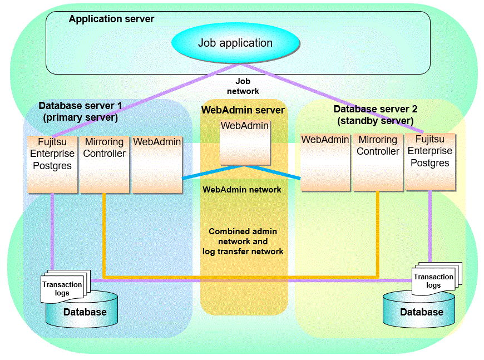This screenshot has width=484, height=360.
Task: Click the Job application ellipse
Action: tap(235, 43)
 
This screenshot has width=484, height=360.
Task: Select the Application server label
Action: tap(111, 19)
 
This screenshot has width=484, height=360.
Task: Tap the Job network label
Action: tap(243, 86)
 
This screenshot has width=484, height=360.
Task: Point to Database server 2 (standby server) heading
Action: tap(375, 115)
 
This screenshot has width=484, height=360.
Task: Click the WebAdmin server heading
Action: tap(243, 110)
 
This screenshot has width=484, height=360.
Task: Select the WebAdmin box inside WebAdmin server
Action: tap(245, 142)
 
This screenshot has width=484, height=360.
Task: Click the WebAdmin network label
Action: tap(241, 190)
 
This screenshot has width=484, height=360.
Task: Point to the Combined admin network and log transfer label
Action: tap(243, 241)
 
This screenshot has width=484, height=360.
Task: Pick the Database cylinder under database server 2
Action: tap(422, 312)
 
